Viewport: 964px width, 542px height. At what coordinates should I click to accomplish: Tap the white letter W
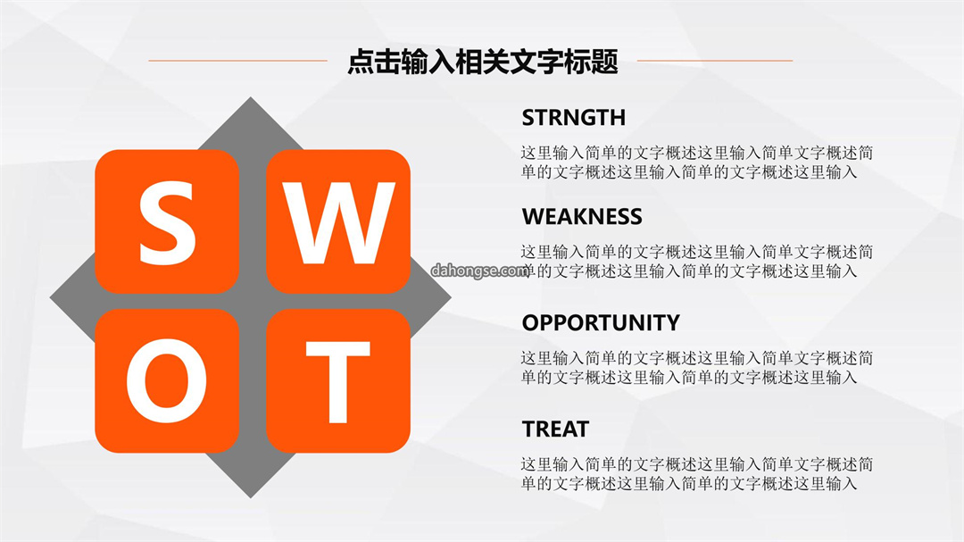click(339, 223)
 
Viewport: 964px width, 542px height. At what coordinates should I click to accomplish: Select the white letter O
click(167, 380)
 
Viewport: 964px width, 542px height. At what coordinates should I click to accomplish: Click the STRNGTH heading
click(574, 118)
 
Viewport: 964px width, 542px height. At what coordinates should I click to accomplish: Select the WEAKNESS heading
click(582, 217)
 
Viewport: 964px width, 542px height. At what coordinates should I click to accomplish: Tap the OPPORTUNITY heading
click(601, 322)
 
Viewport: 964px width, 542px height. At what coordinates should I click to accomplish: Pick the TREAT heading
click(555, 429)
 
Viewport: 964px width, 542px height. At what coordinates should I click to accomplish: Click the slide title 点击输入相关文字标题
click(483, 62)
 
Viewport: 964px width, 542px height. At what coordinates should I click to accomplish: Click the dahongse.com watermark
click(479, 270)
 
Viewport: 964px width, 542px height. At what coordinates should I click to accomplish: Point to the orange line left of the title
click(238, 61)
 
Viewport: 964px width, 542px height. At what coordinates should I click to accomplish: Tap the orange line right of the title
click(715, 61)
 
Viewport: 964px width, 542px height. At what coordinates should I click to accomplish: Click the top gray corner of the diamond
click(250, 98)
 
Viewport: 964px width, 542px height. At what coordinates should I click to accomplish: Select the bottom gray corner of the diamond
click(250, 496)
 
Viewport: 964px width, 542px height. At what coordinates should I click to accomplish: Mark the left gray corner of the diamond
click(51, 297)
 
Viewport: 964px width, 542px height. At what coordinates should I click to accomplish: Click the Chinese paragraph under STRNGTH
click(696, 163)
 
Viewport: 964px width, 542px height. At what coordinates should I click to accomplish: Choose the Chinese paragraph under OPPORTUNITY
click(696, 368)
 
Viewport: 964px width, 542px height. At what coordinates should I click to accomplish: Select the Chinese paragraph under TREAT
click(696, 474)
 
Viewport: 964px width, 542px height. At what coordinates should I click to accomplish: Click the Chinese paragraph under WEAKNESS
click(696, 262)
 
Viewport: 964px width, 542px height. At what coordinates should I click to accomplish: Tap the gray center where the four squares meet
click(252, 301)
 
